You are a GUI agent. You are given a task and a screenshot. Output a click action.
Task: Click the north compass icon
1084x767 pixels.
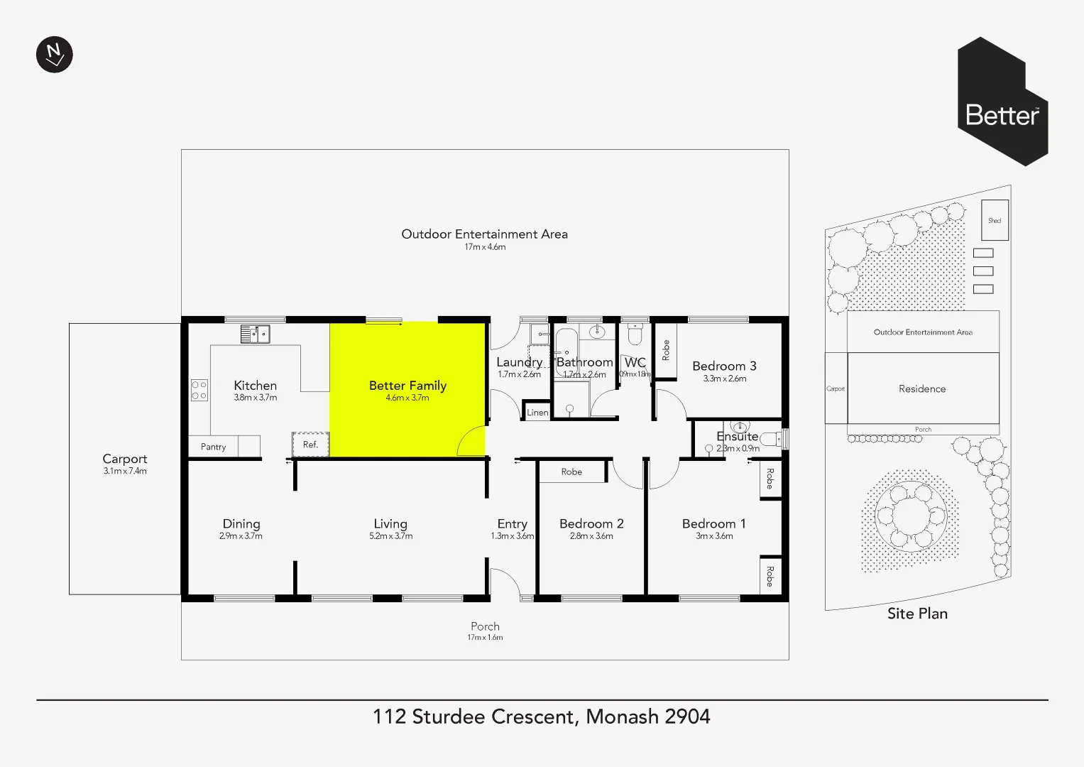point(55,55)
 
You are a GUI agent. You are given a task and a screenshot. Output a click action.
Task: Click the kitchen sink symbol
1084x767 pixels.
point(255,333)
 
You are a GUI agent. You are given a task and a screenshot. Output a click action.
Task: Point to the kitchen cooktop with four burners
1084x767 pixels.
point(199,391)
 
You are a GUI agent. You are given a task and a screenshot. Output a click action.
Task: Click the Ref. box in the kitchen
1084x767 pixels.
point(310,445)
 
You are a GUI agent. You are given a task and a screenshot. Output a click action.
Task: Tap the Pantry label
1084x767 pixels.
point(213,447)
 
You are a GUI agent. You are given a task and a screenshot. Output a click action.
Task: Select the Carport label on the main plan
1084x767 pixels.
point(125,459)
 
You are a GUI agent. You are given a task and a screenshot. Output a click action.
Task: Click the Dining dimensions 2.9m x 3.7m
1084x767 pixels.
point(241,536)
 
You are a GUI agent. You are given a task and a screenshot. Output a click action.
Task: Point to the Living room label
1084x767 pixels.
point(390,523)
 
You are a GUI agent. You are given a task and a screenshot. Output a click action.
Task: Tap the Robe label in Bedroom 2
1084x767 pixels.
point(571,472)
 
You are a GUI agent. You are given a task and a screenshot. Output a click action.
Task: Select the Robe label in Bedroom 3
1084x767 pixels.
point(665,350)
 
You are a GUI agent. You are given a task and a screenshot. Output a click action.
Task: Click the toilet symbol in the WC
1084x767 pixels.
point(635,334)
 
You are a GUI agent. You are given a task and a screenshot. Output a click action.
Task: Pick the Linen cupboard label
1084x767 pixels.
point(537,412)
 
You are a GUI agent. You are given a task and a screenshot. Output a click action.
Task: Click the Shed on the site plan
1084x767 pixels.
point(995,220)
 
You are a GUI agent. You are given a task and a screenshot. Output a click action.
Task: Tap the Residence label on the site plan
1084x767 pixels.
point(922,388)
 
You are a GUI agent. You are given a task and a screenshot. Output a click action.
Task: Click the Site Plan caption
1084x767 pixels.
point(917,614)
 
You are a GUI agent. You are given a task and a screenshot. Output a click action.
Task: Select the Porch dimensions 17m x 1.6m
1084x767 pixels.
point(485,638)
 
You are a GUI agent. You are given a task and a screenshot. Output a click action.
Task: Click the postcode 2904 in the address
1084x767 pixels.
point(687,717)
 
